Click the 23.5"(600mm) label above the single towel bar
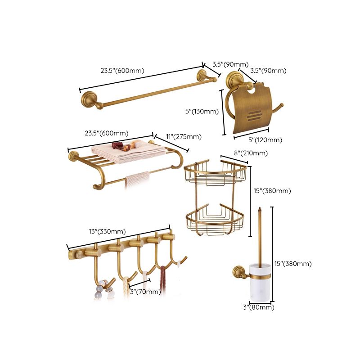coord(122,71)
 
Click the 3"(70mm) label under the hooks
coord(144,292)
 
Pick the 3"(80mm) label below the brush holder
coord(258,307)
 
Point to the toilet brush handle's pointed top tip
coord(260,208)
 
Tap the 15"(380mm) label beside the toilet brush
coord(292,264)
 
